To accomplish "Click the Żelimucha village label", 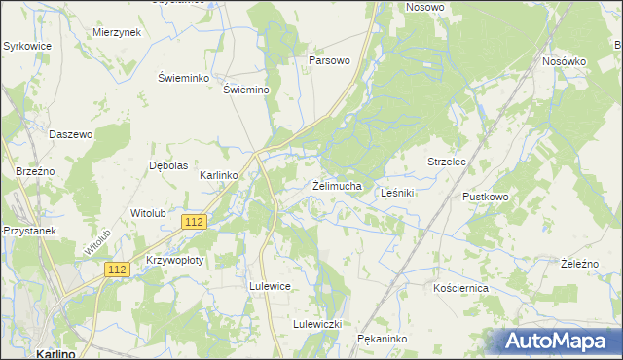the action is point(338,185).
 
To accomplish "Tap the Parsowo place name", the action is point(329,60).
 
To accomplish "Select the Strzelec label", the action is point(448,162).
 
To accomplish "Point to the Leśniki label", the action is point(397,193).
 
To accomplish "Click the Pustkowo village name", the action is point(486,197).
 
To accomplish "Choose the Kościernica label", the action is point(460,289).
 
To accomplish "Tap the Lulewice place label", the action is point(271,287).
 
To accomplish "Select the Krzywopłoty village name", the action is point(174,261).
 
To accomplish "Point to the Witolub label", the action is point(149,212).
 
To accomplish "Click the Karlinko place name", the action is point(219,175).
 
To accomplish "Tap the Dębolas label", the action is point(168,165).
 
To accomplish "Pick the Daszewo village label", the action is point(70,134).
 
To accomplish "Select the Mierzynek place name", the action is point(117,32).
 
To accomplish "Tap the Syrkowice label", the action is point(27,46).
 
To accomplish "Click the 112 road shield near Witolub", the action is point(194,222).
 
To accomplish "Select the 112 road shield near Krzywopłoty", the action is point(119,269).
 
